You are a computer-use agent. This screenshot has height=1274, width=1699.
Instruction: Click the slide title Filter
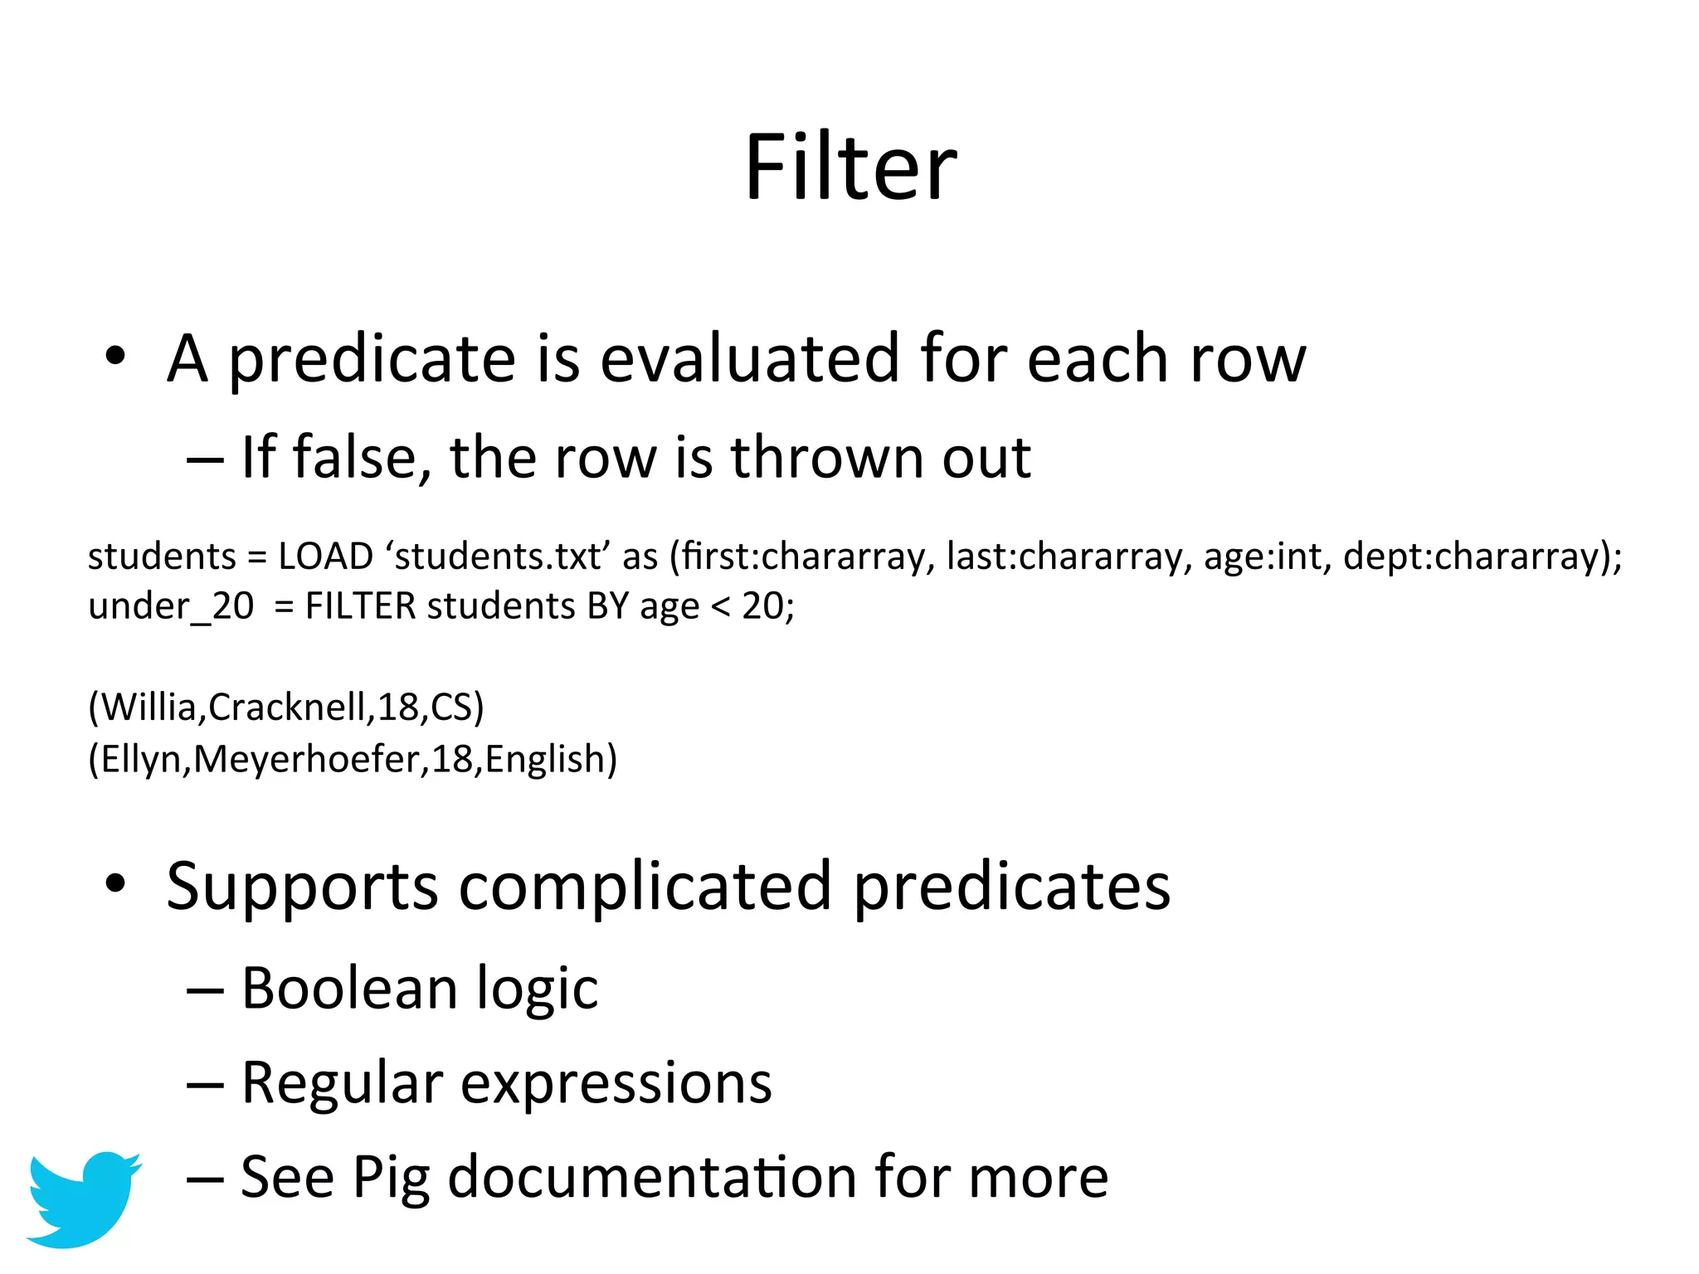click(850, 168)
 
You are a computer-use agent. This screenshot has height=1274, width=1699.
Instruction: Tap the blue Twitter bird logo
click(83, 1198)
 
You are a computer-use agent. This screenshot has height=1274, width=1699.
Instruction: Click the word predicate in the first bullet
click(372, 359)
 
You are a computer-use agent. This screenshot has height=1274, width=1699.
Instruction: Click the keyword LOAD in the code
click(325, 557)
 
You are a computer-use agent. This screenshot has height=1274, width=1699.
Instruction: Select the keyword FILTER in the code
click(360, 606)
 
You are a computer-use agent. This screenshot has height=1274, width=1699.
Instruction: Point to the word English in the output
click(545, 759)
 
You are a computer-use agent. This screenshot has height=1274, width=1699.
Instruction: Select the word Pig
click(391, 1178)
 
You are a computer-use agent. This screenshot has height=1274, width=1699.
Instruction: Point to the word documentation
click(652, 1177)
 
